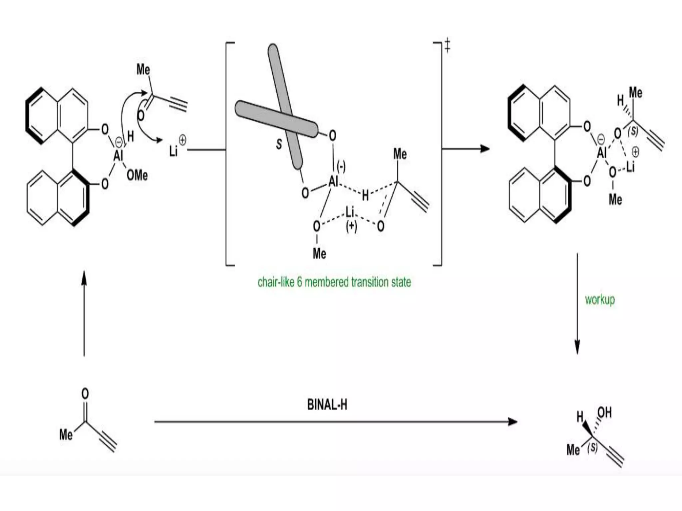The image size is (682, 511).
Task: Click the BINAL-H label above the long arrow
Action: click(x=327, y=405)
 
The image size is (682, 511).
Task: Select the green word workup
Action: click(x=600, y=300)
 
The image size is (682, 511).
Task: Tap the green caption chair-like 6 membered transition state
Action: click(x=334, y=282)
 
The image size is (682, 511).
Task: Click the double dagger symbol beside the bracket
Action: click(x=448, y=46)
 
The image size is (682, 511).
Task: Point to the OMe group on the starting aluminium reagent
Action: click(x=137, y=175)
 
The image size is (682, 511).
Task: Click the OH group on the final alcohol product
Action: click(x=604, y=413)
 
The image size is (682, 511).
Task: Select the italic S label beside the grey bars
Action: click(x=279, y=144)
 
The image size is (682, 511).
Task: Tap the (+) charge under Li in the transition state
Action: click(x=351, y=226)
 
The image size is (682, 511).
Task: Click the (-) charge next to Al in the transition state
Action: click(x=341, y=166)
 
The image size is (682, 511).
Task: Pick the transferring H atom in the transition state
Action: click(x=365, y=196)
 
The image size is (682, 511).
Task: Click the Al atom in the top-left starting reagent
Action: click(x=118, y=155)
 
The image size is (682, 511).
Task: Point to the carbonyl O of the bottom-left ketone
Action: click(x=85, y=394)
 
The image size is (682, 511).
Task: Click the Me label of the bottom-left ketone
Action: click(x=66, y=434)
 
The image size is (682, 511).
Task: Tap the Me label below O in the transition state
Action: click(x=319, y=254)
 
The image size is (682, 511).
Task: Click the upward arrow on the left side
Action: click(x=84, y=313)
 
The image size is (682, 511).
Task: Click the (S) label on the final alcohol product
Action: click(x=592, y=447)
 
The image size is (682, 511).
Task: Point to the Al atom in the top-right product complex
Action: click(x=601, y=153)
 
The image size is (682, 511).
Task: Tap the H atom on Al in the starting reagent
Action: click(x=130, y=136)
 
